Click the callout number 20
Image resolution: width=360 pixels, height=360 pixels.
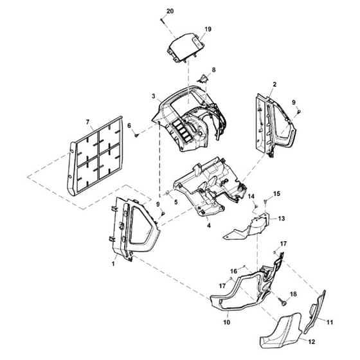[x=170, y=11]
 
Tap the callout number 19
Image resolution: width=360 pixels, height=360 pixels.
[x=208, y=29]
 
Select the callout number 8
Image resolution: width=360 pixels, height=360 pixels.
[x=213, y=69]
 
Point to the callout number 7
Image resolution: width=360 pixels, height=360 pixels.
[x=87, y=122]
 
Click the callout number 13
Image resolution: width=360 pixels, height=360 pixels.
[x=282, y=219]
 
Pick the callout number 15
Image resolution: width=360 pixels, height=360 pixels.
[x=276, y=194]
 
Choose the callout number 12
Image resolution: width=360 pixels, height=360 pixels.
[x=312, y=342]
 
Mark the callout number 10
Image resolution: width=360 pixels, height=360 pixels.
[x=226, y=322]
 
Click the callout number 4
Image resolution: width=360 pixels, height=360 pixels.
[x=209, y=226]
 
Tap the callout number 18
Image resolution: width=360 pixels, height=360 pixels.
[x=293, y=294]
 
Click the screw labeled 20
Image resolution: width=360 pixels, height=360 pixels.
[x=163, y=21]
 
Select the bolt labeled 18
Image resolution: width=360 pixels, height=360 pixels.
[x=282, y=301]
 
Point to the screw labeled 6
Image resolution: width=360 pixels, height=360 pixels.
[x=136, y=135]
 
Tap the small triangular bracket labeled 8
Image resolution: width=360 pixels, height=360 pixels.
[x=203, y=79]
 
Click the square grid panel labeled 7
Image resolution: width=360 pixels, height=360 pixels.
[x=95, y=156]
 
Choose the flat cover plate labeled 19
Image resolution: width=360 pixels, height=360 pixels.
[x=186, y=48]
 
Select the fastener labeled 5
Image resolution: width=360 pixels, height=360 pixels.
[x=167, y=193]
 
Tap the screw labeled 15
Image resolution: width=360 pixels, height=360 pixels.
[x=265, y=202]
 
